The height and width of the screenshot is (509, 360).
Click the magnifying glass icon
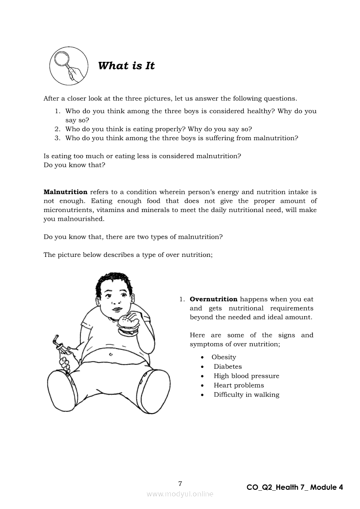click(x=67, y=65)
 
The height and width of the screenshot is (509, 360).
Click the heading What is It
click(x=126, y=66)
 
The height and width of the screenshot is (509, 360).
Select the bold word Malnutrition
click(x=65, y=192)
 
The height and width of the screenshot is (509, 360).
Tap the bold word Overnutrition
click(x=214, y=299)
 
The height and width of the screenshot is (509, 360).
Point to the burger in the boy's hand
click(x=128, y=324)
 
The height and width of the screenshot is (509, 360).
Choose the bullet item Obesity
click(x=224, y=357)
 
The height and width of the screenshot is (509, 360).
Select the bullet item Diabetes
click(x=228, y=367)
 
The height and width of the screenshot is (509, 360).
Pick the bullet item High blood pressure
click(x=246, y=376)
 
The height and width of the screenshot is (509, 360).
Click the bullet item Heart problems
click(x=239, y=385)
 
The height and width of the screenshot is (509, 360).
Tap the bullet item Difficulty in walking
click(x=246, y=395)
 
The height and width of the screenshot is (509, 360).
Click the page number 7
click(x=180, y=483)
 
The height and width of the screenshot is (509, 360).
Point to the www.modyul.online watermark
click(x=180, y=494)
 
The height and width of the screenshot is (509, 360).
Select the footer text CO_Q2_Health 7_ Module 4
click(x=295, y=487)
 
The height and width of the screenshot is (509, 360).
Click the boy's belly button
click(x=111, y=354)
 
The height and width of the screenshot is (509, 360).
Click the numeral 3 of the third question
click(x=57, y=138)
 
